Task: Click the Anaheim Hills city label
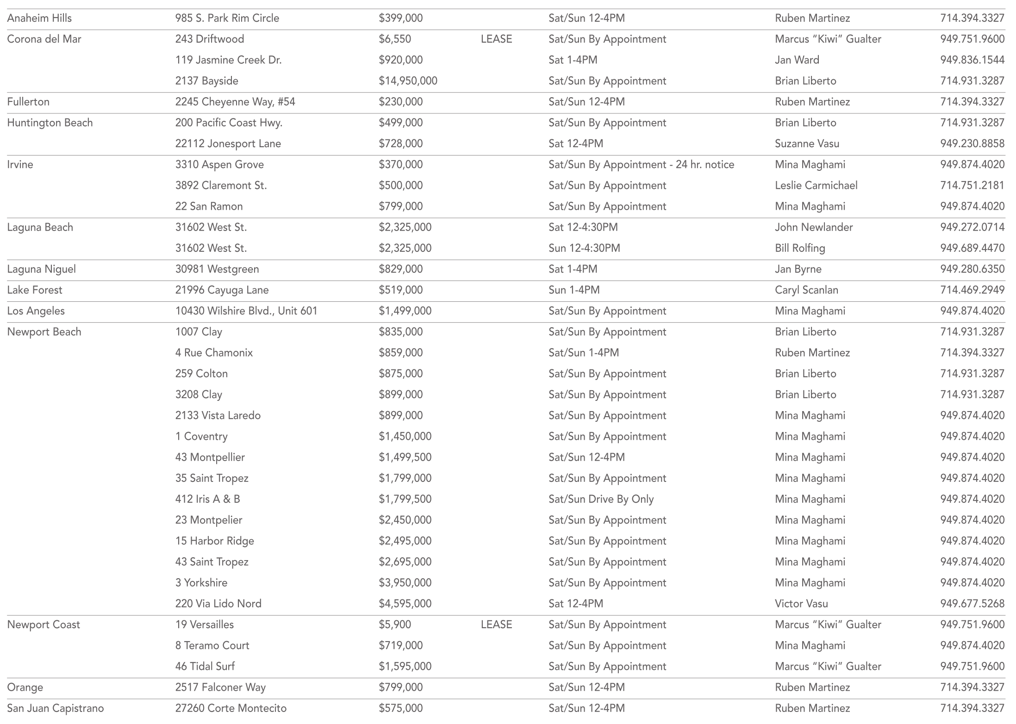click(x=39, y=18)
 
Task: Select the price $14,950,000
click(x=408, y=81)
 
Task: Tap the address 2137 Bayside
click(x=206, y=81)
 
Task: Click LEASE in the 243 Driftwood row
click(x=496, y=39)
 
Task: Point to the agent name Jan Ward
click(x=797, y=60)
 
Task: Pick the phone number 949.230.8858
click(x=972, y=144)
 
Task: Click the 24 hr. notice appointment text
click(x=641, y=165)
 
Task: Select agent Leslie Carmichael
click(x=816, y=186)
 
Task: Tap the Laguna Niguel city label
click(x=41, y=269)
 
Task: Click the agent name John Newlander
click(x=814, y=227)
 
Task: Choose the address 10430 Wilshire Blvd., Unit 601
click(x=246, y=311)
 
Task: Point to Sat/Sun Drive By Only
click(x=601, y=499)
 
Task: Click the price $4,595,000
click(x=405, y=604)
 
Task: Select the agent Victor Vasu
click(x=801, y=604)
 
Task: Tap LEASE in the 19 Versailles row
click(x=496, y=624)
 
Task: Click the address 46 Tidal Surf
click(x=205, y=666)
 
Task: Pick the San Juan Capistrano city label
click(x=56, y=708)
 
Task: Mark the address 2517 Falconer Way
click(x=220, y=687)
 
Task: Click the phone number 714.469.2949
click(x=972, y=290)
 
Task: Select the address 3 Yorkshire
click(x=201, y=583)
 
